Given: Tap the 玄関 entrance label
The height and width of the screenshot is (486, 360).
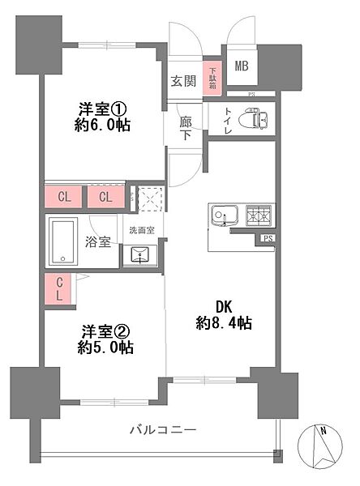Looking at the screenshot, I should coord(182,81).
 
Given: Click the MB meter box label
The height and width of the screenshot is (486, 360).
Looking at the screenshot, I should coord(242,66).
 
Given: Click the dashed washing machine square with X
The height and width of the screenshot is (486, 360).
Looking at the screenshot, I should coord(149,199).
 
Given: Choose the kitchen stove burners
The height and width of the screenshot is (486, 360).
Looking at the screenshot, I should coord(259,215).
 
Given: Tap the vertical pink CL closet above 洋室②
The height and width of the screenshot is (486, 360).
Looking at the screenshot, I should coord(60,288).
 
